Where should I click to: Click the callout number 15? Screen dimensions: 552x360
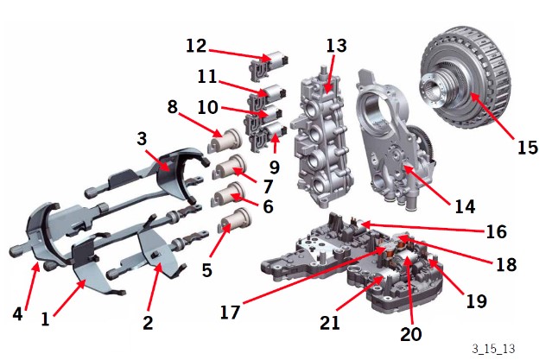click(x=527, y=148)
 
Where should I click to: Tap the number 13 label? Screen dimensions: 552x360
click(x=336, y=46)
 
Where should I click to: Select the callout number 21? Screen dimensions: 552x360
click(x=330, y=323)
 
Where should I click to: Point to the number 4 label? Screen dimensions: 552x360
click(x=17, y=313)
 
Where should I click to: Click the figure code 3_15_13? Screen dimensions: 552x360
click(x=493, y=349)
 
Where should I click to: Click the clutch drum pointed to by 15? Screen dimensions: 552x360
click(x=465, y=78)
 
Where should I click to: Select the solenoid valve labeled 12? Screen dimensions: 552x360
click(x=270, y=64)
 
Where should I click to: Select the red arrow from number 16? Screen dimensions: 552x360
click(x=422, y=227)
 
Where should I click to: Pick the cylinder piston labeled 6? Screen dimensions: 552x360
click(x=229, y=197)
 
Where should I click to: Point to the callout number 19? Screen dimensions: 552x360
click(x=477, y=301)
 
